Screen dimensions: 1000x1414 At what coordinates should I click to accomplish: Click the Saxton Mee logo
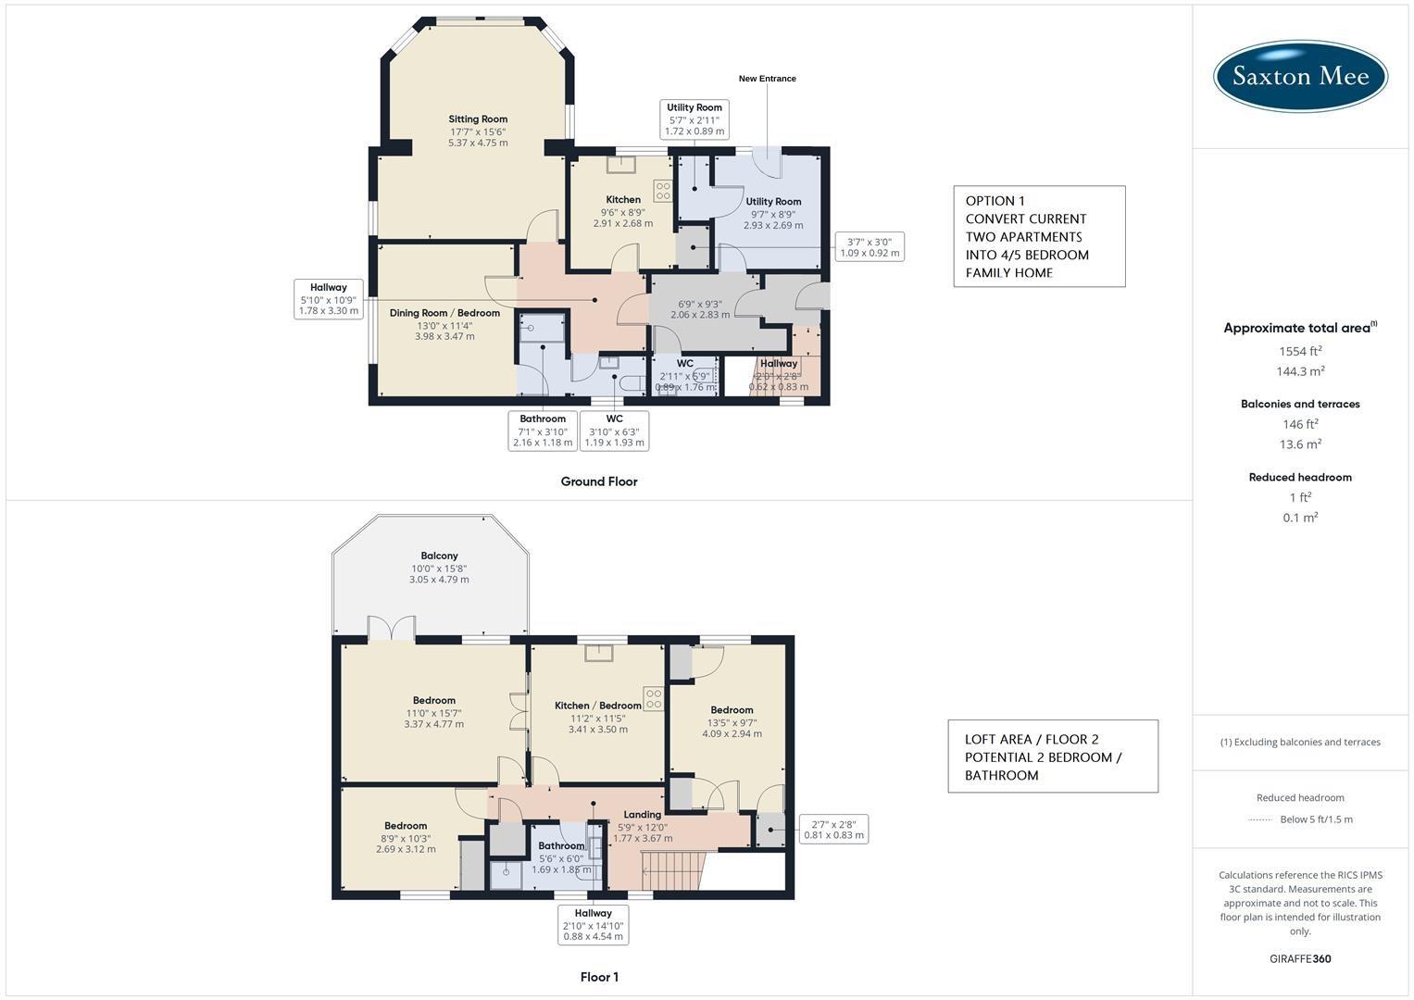(1300, 76)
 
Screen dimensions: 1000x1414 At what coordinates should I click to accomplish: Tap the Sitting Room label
(478, 119)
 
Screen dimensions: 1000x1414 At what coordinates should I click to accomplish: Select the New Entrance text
(767, 79)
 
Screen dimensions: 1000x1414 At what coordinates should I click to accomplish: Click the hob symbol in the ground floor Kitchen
(663, 191)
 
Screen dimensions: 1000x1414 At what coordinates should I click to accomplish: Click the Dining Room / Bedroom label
(444, 313)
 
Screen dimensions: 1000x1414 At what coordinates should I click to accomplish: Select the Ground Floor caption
(599, 481)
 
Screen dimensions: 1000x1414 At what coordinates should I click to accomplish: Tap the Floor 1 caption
(599, 977)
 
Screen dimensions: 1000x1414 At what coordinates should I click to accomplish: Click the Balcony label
(439, 556)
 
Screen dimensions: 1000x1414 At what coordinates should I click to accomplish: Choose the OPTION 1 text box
(1039, 236)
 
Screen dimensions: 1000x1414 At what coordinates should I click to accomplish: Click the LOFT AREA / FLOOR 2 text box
(1052, 756)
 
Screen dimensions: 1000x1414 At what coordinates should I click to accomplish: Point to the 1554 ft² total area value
(1300, 351)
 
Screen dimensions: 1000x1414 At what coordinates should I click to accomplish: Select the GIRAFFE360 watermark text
(1300, 959)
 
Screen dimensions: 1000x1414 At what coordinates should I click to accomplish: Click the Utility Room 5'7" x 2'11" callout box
(694, 119)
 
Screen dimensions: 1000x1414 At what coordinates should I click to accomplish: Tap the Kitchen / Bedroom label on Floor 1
(598, 706)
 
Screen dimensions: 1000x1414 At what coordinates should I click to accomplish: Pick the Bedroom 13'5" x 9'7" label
(732, 710)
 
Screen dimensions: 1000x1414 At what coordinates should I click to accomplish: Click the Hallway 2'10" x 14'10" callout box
(594, 925)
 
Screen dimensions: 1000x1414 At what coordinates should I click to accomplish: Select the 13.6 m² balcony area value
(1300, 444)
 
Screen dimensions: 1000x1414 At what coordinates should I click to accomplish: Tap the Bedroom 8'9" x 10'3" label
(406, 826)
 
